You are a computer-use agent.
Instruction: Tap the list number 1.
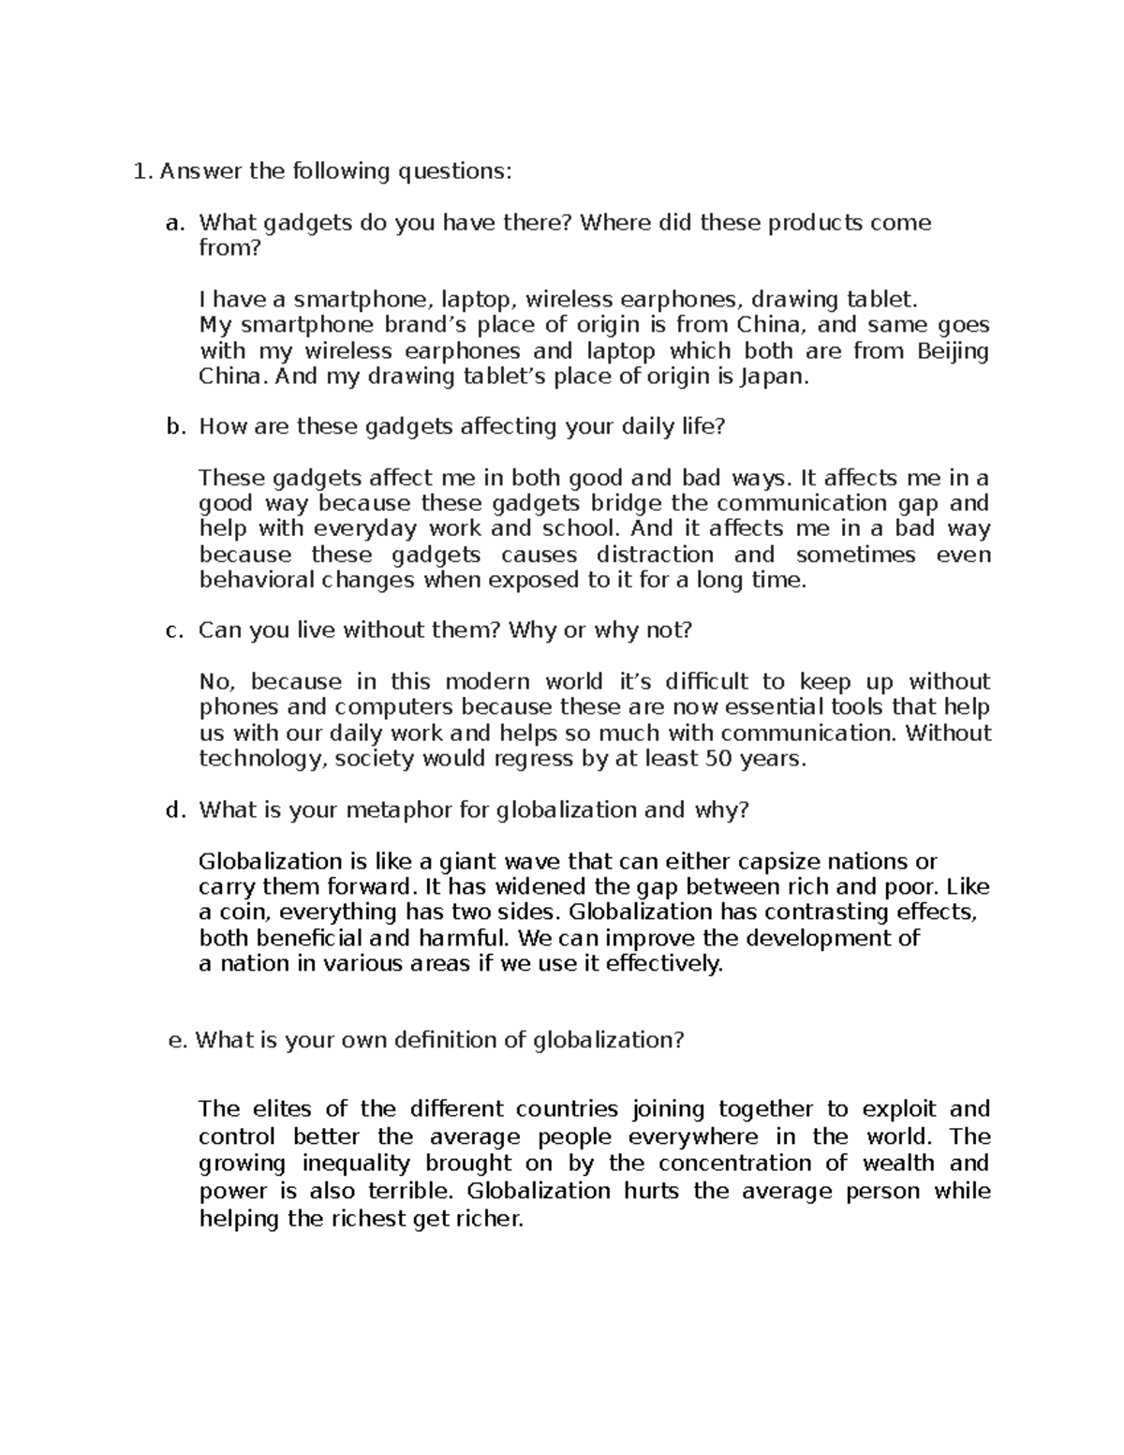[140, 171]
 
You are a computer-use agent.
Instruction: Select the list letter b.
[172, 427]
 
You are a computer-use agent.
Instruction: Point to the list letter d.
[172, 810]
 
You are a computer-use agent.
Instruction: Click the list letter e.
[172, 1041]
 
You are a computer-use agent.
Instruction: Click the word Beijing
[952, 351]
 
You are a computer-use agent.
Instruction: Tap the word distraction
[655, 555]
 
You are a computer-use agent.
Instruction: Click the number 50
[717, 759]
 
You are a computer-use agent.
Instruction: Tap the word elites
[283, 1110]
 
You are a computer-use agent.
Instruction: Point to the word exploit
[898, 1110]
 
